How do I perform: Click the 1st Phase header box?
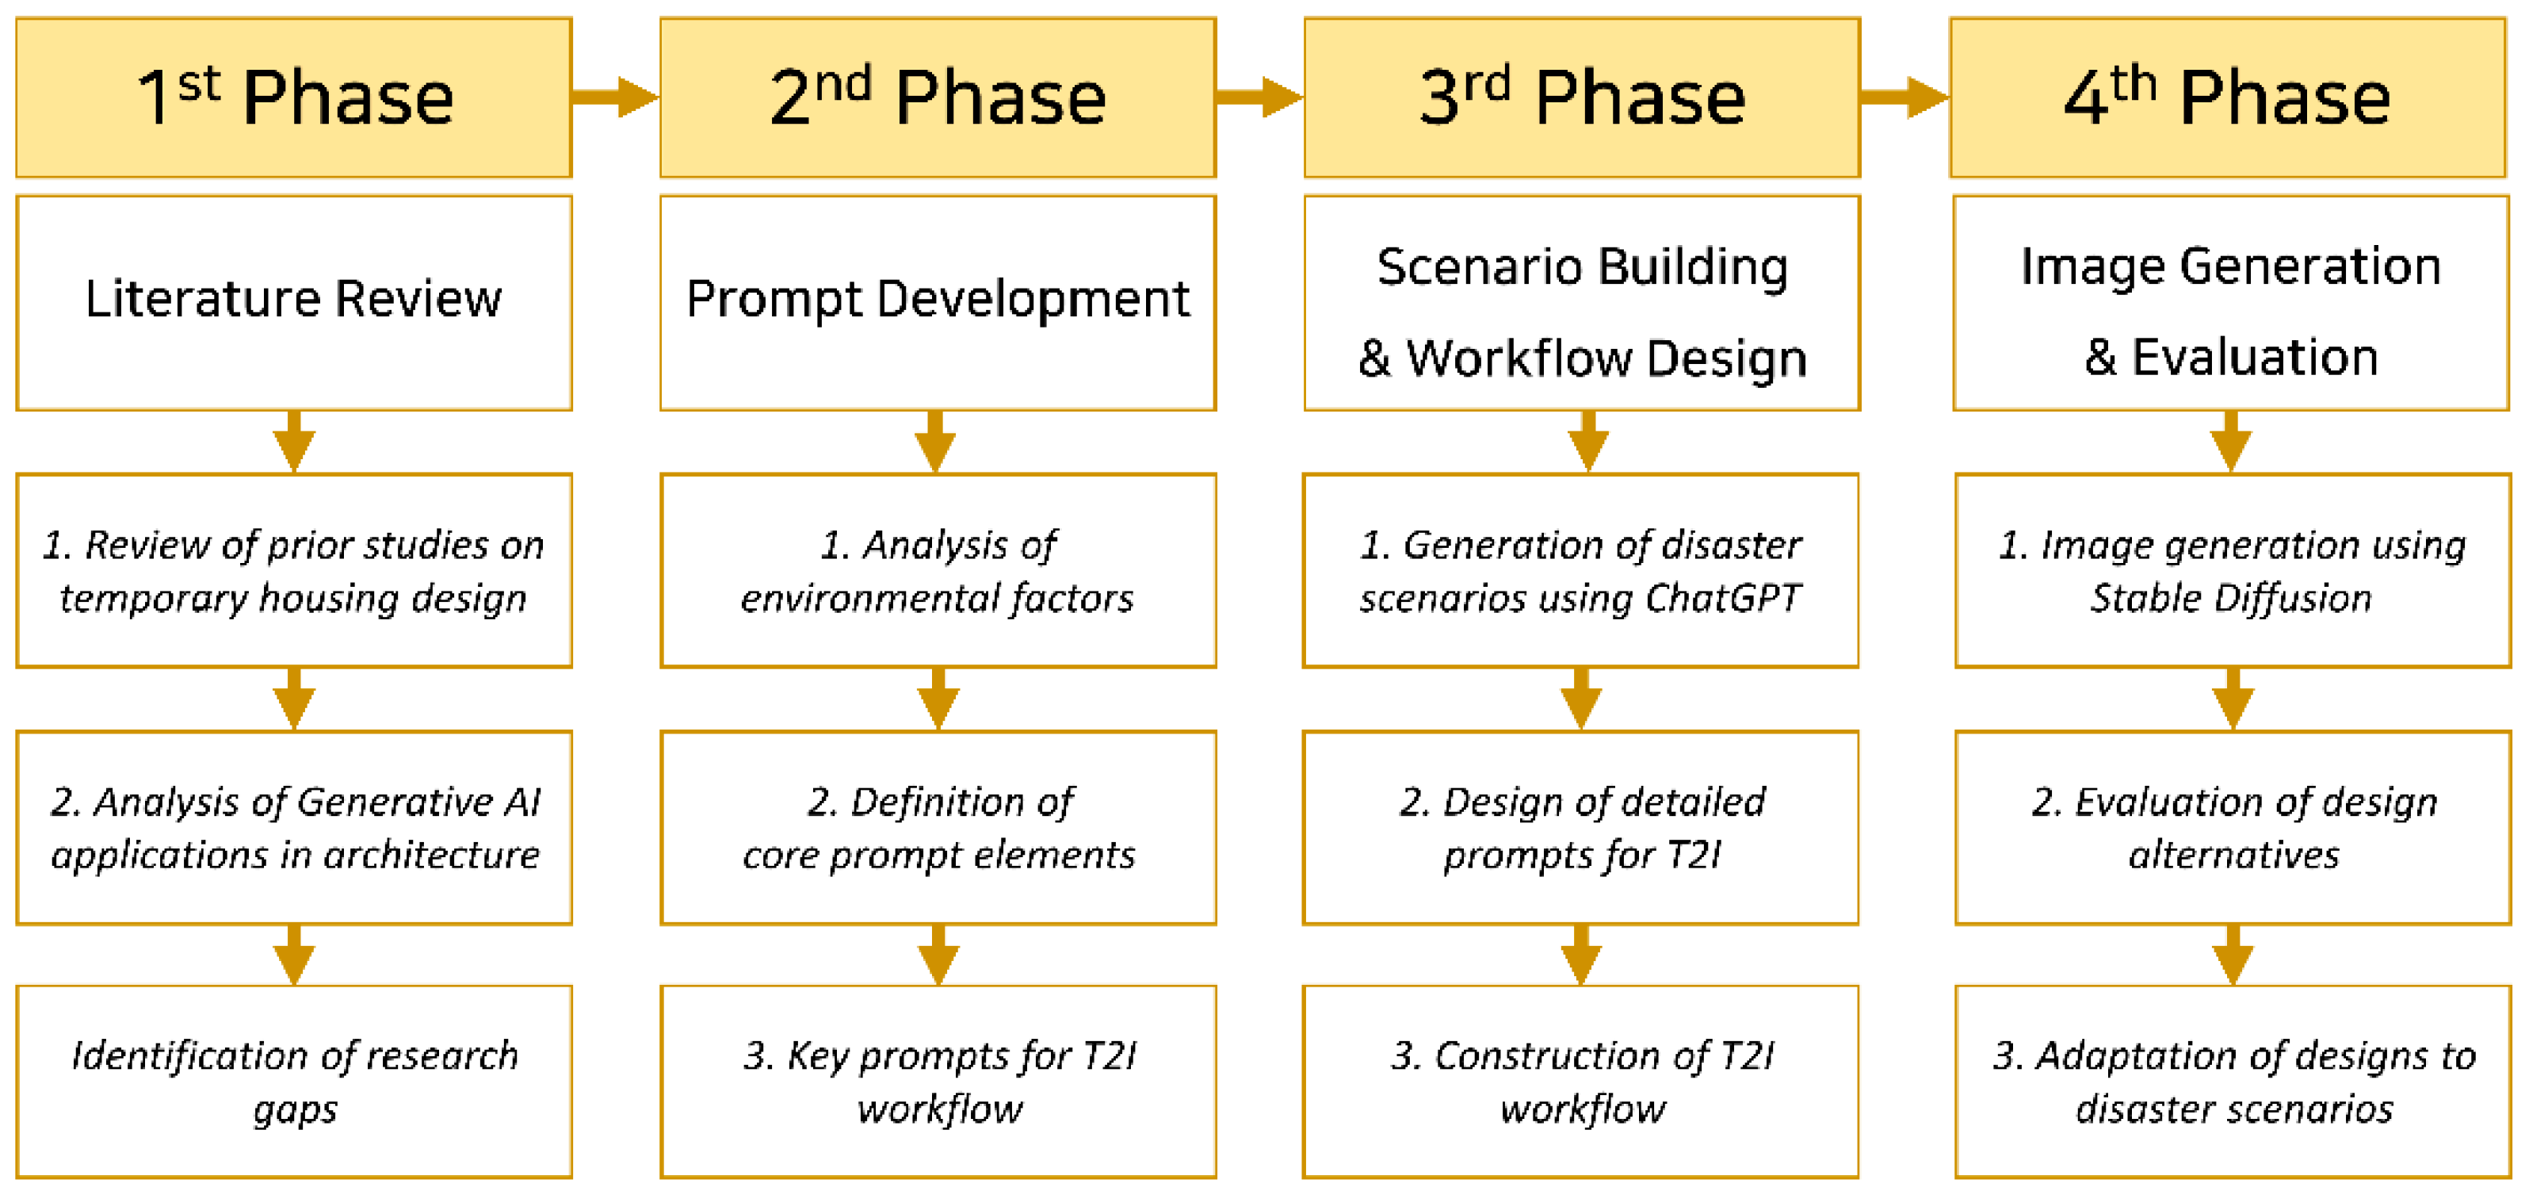coord(293,98)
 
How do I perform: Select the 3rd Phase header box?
coord(1582,98)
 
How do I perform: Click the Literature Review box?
coord(293,302)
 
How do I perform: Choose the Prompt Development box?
coord(938,302)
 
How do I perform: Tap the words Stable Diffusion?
coord(2230,598)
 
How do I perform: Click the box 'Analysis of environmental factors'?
coord(938,570)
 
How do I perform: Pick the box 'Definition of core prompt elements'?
coord(938,828)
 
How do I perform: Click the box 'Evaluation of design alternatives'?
coord(2233,828)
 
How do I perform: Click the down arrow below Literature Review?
coord(293,442)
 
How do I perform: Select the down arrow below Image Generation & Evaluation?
coord(2230,442)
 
